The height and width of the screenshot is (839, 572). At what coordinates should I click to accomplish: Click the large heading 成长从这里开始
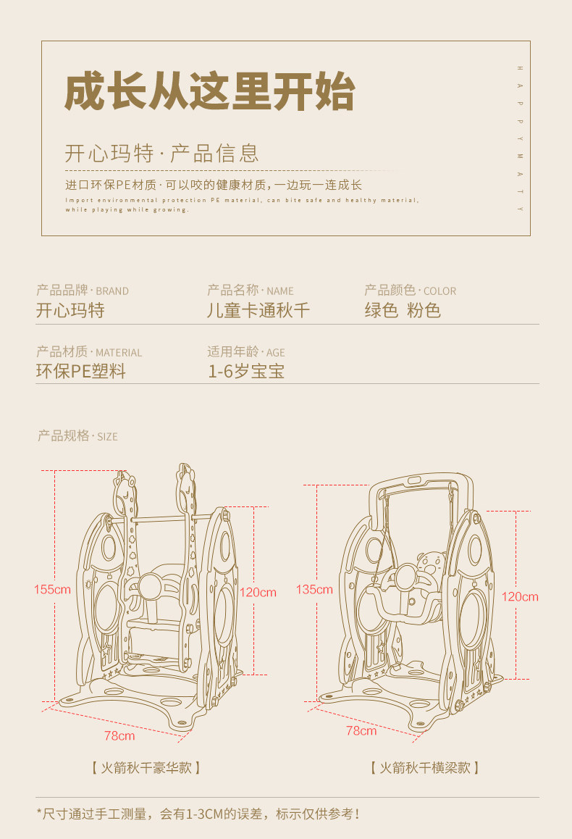209,91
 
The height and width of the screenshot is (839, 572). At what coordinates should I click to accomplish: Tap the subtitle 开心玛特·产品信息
162,154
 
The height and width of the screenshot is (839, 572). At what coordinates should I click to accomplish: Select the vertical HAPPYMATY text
520,138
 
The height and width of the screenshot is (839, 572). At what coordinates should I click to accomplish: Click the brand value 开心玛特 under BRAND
70,311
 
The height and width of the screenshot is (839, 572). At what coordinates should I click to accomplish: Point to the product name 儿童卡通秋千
258,311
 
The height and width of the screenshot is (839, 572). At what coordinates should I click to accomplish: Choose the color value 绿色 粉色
403,311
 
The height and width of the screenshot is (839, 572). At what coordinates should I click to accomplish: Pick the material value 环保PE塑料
81,372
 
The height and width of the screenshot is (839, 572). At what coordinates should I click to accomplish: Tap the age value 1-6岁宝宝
246,372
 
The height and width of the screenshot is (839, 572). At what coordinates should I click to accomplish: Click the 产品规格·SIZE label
77,436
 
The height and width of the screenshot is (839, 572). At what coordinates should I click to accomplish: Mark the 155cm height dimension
52,589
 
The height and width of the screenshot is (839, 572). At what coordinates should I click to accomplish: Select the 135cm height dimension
314,589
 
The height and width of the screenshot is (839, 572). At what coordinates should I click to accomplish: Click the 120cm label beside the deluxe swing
258,592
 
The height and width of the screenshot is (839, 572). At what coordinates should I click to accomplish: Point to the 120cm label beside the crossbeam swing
520,596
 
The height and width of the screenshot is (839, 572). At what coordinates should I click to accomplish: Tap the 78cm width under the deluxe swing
119,735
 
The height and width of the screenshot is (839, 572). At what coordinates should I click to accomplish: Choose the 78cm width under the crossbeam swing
361,730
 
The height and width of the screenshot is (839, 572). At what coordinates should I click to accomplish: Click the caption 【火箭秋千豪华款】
146,767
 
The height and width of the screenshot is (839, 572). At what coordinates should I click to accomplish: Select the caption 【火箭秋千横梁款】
424,767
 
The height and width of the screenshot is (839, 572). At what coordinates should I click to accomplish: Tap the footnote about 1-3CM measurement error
198,814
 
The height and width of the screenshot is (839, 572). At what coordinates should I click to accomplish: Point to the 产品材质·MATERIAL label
89,352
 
